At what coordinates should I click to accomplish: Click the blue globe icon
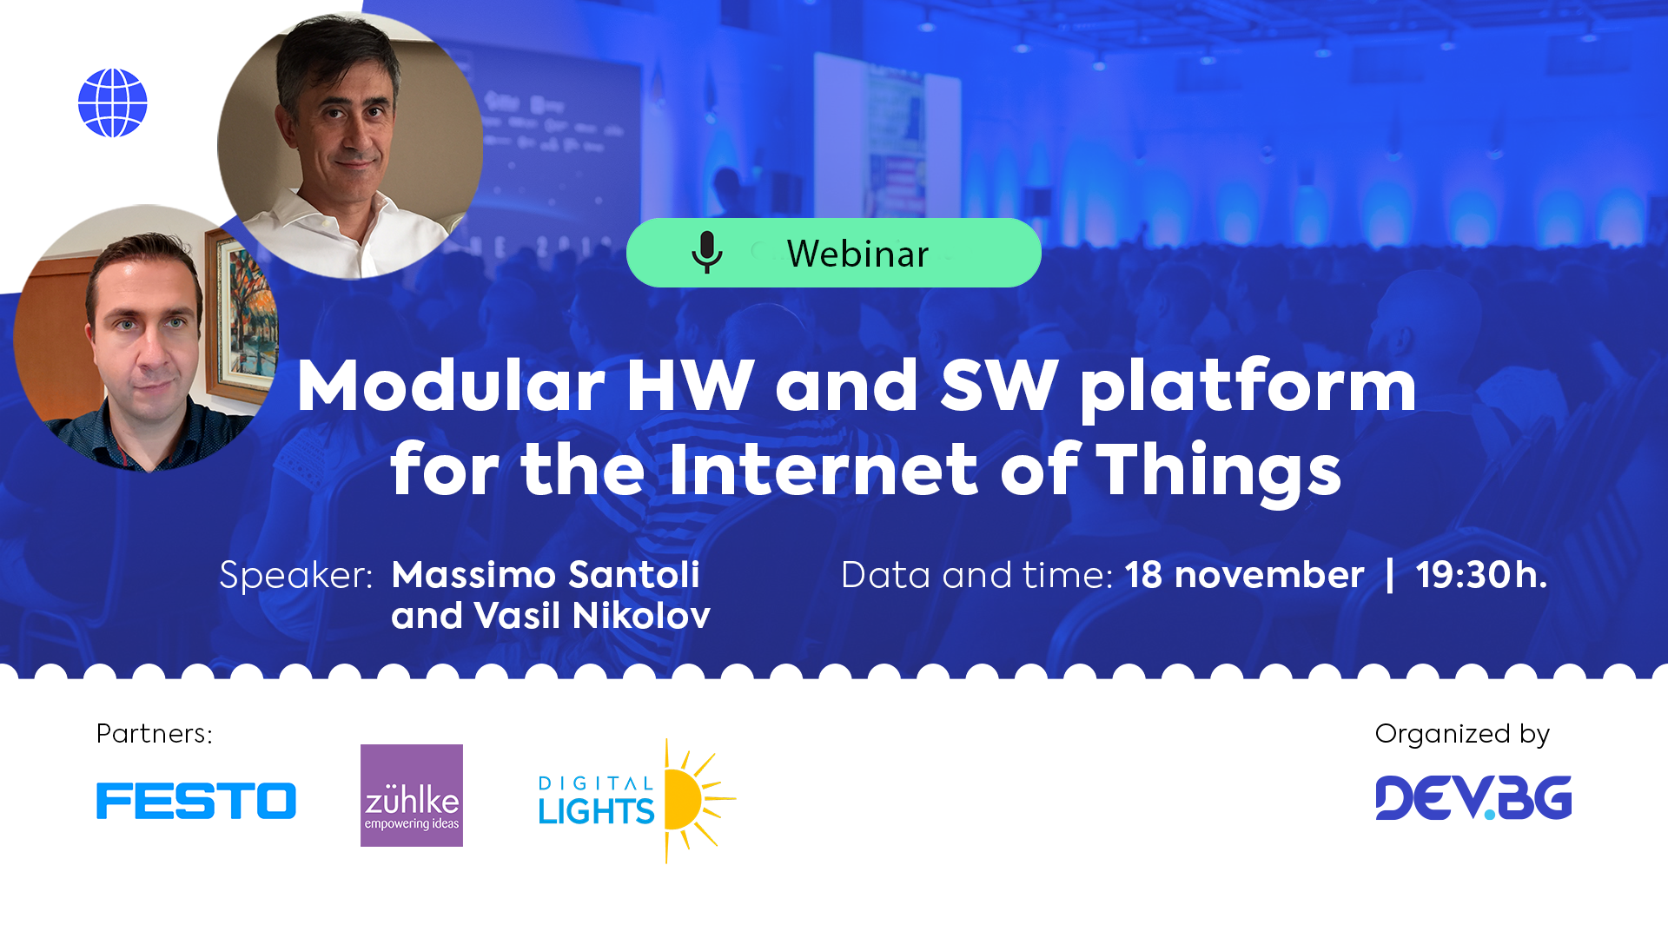[x=113, y=103]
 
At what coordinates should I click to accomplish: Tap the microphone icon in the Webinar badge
[x=706, y=253]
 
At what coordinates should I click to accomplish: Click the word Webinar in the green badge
[x=857, y=254]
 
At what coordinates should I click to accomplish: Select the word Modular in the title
[x=450, y=386]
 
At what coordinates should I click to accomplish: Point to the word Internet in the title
[x=824, y=470]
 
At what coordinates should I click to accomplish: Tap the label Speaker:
[x=295, y=575]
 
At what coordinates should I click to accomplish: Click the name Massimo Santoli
[x=545, y=575]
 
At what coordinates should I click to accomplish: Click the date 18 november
[x=1244, y=575]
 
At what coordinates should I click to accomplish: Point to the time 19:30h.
[x=1480, y=575]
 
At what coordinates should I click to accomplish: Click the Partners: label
[x=154, y=734]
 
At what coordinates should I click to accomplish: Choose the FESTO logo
[x=196, y=800]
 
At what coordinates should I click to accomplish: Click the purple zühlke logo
[x=412, y=795]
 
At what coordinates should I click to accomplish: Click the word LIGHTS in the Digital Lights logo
[x=596, y=811]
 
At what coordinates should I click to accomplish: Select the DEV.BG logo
[x=1473, y=797]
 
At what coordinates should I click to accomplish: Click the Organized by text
[x=1462, y=734]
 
